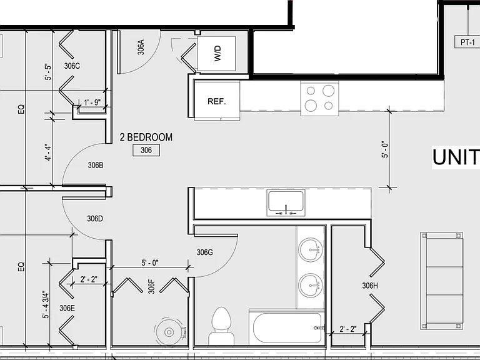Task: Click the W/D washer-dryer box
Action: point(216,54)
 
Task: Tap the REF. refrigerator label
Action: point(217,101)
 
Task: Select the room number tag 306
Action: point(146,150)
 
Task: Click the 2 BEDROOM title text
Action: point(146,137)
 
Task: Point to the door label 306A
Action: point(141,47)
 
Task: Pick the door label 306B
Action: point(96,165)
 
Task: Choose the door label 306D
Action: point(95,219)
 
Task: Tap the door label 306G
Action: point(205,252)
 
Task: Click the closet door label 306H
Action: point(370,286)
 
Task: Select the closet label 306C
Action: point(72,66)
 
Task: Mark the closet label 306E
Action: point(67,308)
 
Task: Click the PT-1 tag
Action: point(467,42)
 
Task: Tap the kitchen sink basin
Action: point(286,201)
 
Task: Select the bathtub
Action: point(287,328)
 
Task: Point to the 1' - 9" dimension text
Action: point(92,102)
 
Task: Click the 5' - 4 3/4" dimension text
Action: point(46,304)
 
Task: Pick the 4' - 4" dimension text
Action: point(48,152)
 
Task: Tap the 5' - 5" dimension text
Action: point(48,72)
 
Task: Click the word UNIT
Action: point(456,157)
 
